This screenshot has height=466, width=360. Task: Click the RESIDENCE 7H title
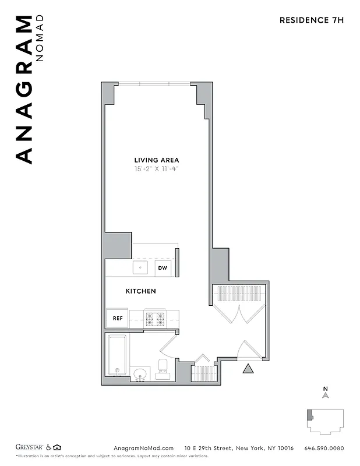(x=312, y=20)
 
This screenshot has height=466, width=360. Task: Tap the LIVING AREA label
(x=157, y=160)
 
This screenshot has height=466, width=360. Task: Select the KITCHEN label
(x=141, y=291)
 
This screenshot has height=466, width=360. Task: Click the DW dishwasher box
(x=163, y=269)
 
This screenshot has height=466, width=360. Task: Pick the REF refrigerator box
(x=117, y=318)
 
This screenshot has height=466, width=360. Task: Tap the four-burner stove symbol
(x=156, y=319)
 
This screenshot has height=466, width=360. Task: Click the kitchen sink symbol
(x=140, y=268)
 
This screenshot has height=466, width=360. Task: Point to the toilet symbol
(x=163, y=368)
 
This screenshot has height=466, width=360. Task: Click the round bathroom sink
(x=140, y=373)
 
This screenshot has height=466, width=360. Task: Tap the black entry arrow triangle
(x=248, y=368)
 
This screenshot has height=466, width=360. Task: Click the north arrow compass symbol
(x=326, y=394)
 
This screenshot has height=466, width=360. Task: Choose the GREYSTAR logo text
(x=30, y=447)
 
